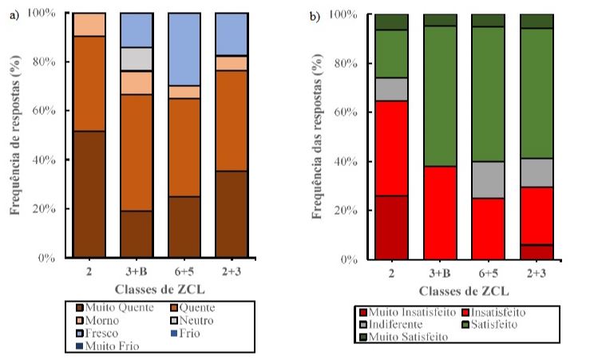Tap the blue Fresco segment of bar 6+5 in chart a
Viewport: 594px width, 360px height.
[x=184, y=49]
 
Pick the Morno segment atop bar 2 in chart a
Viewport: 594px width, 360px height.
[x=89, y=24]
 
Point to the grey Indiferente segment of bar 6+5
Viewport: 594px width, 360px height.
[x=486, y=180]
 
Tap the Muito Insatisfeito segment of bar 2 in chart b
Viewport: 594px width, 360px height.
[x=392, y=227]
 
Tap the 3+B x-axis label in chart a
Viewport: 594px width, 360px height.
[x=137, y=271]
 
